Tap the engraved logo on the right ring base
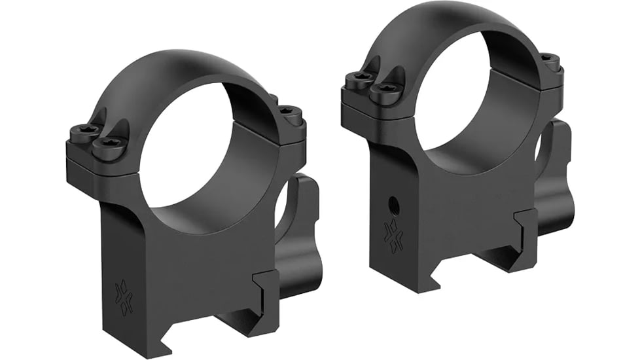click(x=394, y=235)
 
